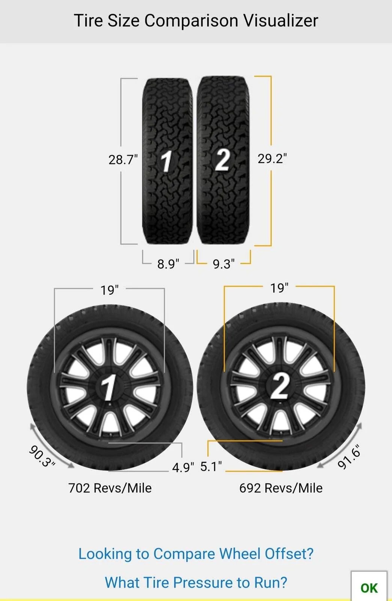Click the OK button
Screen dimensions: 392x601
point(369,587)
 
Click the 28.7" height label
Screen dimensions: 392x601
point(123,160)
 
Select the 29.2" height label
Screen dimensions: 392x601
point(272,159)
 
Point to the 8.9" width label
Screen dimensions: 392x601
point(168,264)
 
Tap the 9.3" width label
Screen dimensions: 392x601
point(224,264)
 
